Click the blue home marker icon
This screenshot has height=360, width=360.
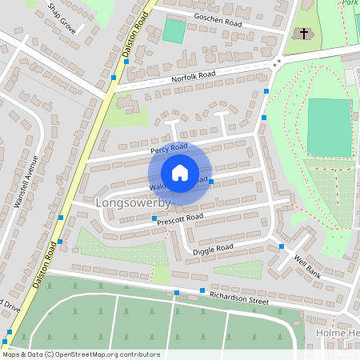[180, 173]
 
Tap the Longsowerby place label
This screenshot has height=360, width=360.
[128, 203]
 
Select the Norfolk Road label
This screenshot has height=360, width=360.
[193, 77]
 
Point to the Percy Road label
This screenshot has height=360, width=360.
[168, 148]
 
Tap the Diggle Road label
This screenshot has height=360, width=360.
[213, 250]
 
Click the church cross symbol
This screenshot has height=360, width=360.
[303, 34]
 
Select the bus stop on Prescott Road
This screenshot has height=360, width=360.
[154, 219]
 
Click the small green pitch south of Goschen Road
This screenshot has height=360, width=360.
[174, 31]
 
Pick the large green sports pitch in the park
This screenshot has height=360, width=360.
[328, 128]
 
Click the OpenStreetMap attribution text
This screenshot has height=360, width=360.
[81, 354]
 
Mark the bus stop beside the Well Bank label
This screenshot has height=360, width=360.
[282, 246]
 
